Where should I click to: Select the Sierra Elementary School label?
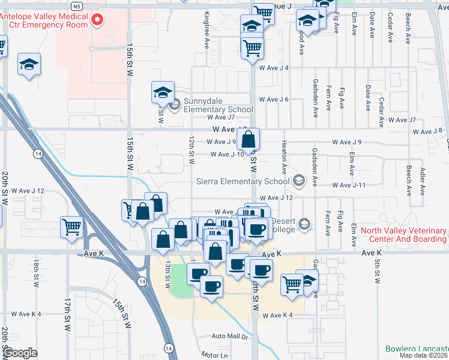(x=243, y=181)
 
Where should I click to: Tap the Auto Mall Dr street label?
(x=229, y=337)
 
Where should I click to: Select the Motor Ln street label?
(x=215, y=355)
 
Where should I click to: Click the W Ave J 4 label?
(x=274, y=68)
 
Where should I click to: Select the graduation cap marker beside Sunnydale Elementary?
(x=162, y=92)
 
